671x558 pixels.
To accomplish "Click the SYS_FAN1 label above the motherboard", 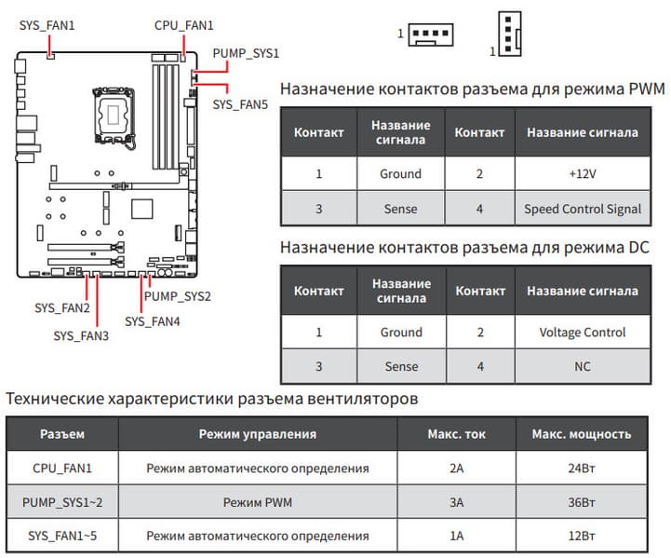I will (x=46, y=26).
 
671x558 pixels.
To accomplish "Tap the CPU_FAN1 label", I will (x=183, y=26).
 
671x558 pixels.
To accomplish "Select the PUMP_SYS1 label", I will (x=246, y=53).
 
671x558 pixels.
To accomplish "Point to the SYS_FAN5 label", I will (x=240, y=105).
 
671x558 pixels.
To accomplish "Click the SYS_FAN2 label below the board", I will (x=62, y=307).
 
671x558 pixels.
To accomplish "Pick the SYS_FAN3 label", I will (x=81, y=334).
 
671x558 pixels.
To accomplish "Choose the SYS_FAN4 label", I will (x=153, y=321).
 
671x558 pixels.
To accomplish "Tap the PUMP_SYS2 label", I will (x=178, y=297).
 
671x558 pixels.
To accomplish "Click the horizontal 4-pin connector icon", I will (x=430, y=34).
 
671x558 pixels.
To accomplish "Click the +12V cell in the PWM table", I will (x=583, y=174).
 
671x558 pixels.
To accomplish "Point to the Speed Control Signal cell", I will (x=583, y=209).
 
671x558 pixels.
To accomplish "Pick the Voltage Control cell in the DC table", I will (x=583, y=333).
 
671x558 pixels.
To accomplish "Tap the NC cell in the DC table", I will (x=583, y=367).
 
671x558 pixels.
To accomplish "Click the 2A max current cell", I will (x=456, y=468).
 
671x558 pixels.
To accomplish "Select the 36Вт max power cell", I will (x=581, y=502).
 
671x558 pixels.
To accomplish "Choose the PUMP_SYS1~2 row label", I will (x=62, y=502).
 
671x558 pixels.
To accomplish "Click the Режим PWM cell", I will (x=257, y=502).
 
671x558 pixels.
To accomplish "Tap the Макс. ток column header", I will (x=456, y=434).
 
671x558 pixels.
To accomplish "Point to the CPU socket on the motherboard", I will (x=114, y=110).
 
